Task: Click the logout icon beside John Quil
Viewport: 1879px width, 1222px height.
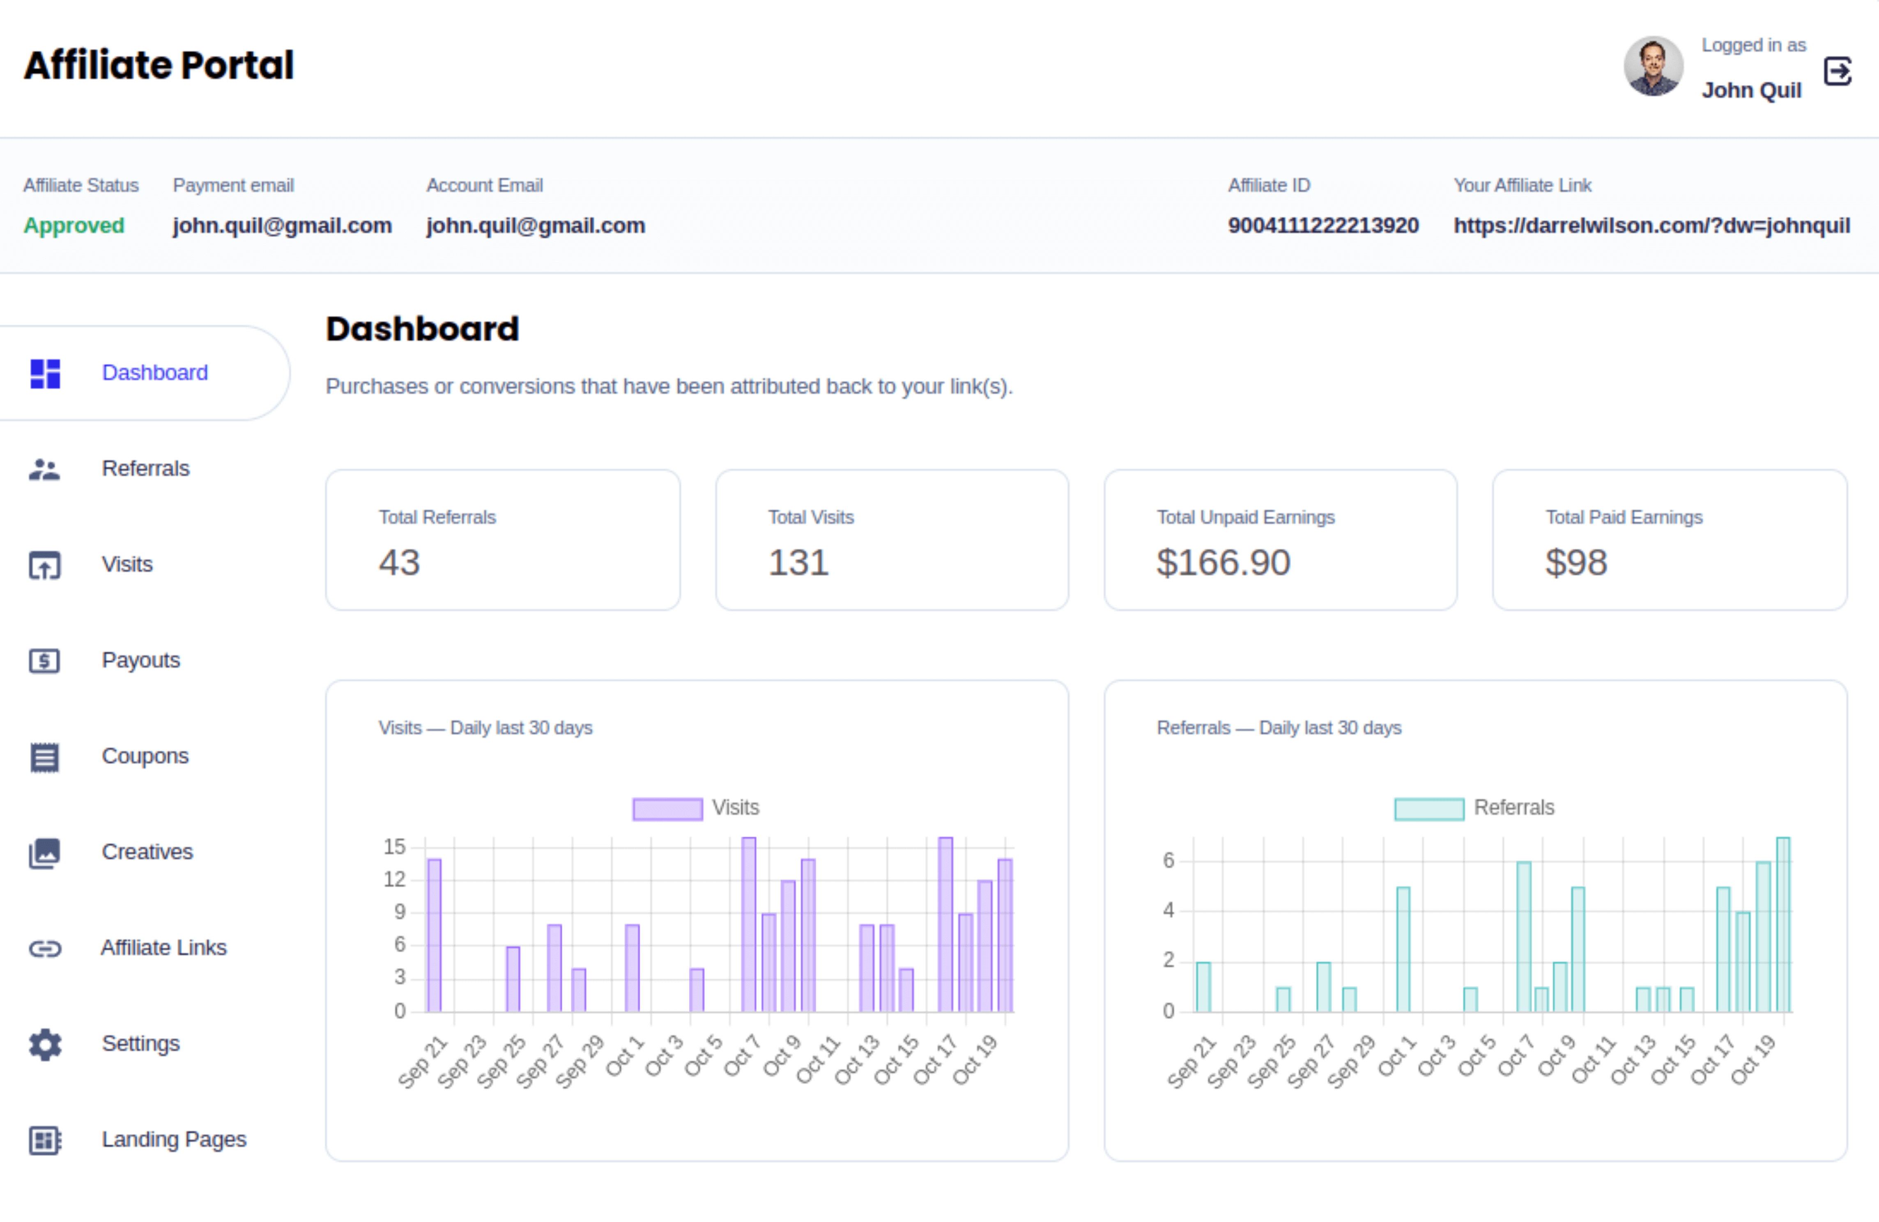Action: [1838, 71]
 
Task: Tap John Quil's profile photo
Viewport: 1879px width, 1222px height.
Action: [1653, 66]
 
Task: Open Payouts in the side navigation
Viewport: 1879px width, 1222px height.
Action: [140, 660]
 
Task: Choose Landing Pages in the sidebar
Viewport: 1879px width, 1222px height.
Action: [174, 1139]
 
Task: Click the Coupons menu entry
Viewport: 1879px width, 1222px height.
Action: [145, 755]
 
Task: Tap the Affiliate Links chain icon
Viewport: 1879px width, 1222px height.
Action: [45, 948]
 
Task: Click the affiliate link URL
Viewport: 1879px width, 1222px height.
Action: [1651, 226]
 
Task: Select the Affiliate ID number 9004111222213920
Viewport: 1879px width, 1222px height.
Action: [1323, 226]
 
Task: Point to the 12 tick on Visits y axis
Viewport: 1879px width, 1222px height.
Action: [394, 879]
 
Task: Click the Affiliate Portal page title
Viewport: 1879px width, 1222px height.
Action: [159, 65]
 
